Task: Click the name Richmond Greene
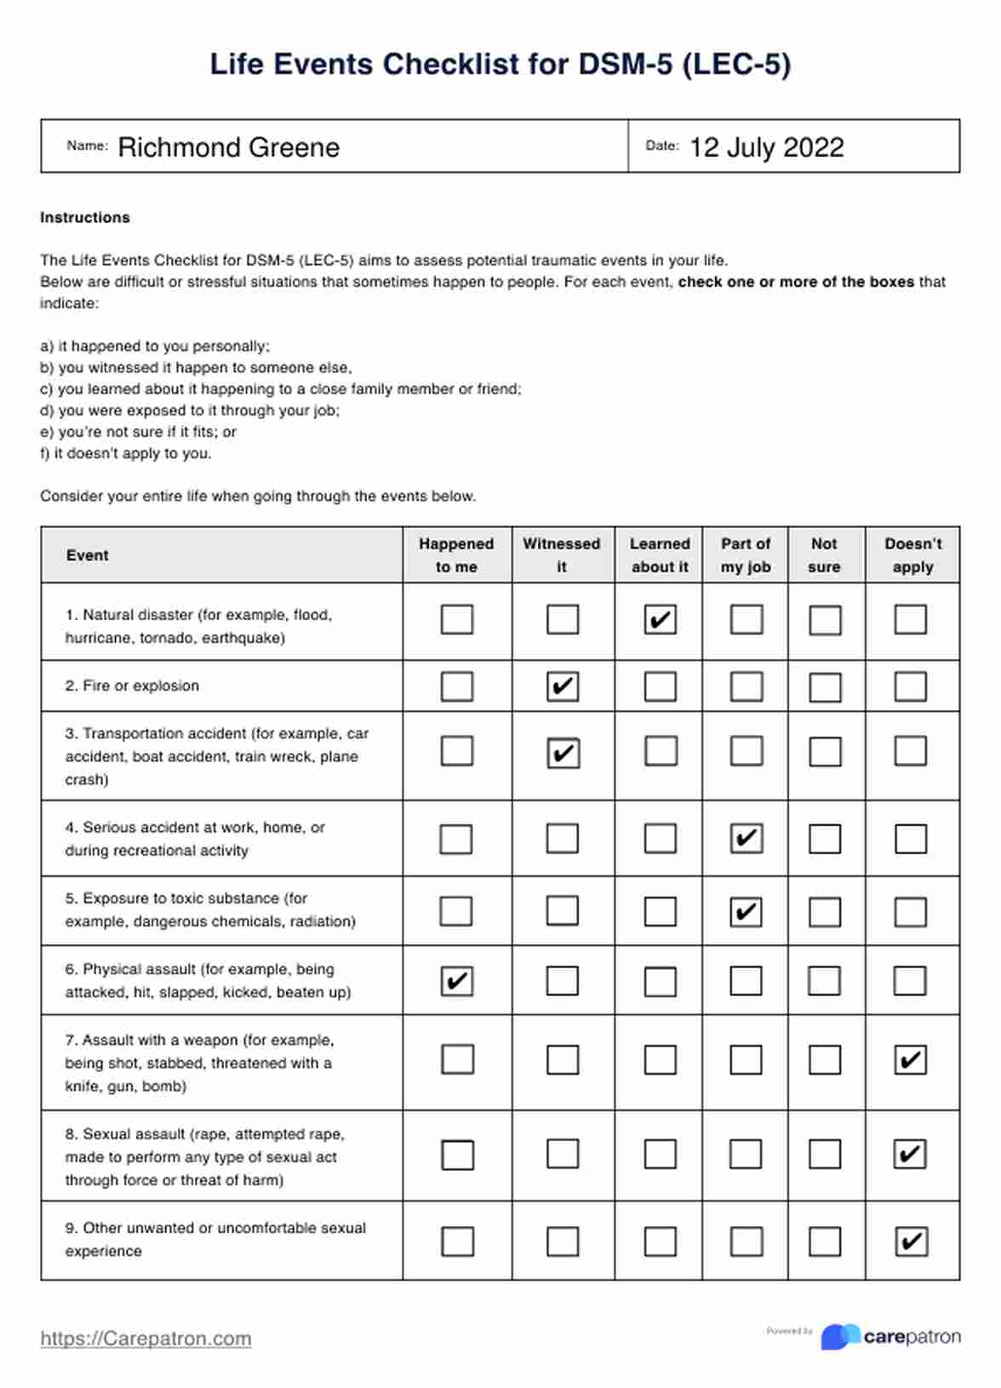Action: (x=228, y=147)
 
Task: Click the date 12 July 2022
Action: (x=766, y=147)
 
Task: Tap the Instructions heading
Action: (x=85, y=217)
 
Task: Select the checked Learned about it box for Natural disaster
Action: (x=660, y=619)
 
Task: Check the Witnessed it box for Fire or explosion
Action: (x=563, y=686)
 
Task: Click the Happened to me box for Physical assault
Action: (x=457, y=981)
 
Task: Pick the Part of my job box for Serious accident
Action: (x=746, y=839)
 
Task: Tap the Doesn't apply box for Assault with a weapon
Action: (x=910, y=1060)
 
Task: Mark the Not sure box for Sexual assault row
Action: (x=825, y=1155)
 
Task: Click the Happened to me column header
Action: (x=456, y=555)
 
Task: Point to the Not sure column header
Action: (x=824, y=555)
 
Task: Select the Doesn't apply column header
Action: (x=912, y=555)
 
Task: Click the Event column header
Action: (x=88, y=555)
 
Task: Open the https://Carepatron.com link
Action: (x=146, y=1339)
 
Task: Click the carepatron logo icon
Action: (x=840, y=1336)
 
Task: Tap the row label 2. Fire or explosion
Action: (x=132, y=685)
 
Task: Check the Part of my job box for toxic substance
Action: (x=746, y=912)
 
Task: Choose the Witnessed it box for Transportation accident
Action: (x=563, y=753)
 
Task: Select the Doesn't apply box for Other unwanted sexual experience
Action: (x=910, y=1242)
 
